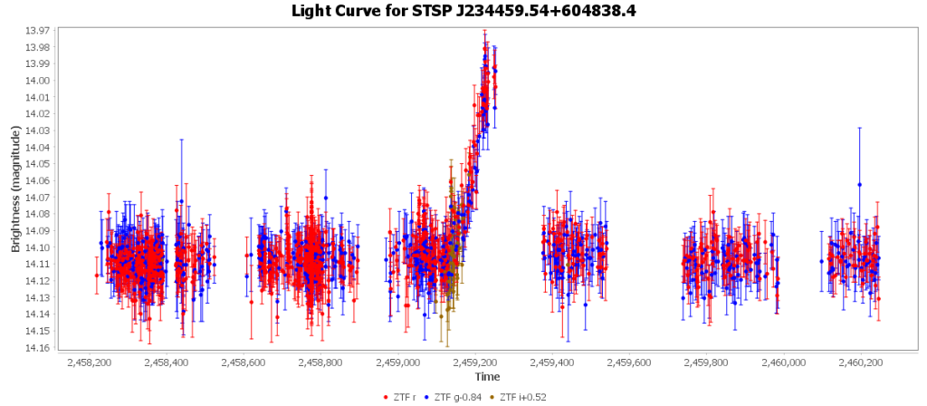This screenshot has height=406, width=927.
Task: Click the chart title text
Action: click(x=463, y=11)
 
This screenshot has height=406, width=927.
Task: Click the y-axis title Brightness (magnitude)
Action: click(x=15, y=189)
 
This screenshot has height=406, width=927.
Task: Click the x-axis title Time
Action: click(x=487, y=376)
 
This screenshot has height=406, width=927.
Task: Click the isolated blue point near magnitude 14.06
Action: click(x=859, y=185)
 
